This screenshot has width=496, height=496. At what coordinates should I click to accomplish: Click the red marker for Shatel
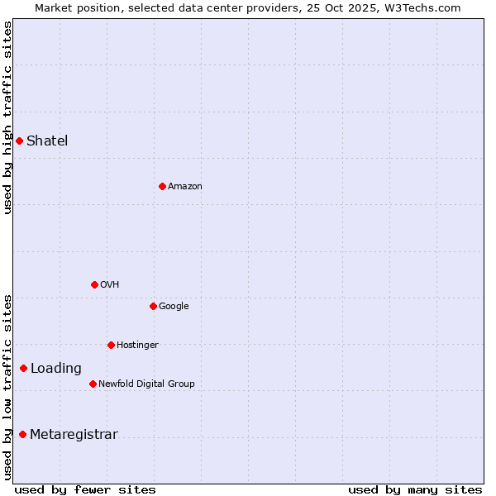[x=19, y=141]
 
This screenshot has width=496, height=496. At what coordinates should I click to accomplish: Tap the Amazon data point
[x=162, y=186]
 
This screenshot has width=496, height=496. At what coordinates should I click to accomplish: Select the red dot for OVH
[x=94, y=284]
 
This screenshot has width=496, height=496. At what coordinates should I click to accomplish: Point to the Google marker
[x=153, y=306]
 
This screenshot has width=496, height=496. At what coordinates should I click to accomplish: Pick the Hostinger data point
[x=111, y=345]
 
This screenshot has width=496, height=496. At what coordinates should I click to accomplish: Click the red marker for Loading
[x=23, y=368]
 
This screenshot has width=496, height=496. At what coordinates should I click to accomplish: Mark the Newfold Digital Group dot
[x=93, y=384]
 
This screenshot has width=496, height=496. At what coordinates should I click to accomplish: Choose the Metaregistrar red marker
[x=22, y=434]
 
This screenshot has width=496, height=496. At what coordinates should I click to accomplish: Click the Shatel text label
[x=47, y=141]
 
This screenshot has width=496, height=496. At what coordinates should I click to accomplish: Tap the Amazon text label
[x=184, y=186]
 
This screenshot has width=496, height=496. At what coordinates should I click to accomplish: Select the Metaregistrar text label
[x=74, y=435]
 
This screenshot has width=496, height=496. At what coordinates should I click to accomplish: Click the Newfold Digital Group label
[x=146, y=384]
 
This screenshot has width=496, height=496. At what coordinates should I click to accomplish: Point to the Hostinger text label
[x=137, y=345]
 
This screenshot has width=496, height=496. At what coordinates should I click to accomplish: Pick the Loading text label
[x=56, y=369]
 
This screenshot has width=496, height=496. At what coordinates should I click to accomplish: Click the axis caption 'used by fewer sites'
[x=85, y=489]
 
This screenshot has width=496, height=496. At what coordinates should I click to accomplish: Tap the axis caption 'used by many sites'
[x=415, y=489]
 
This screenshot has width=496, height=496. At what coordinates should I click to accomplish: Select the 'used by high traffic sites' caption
[x=7, y=117]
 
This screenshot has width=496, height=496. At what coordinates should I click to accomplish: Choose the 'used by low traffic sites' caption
[x=7, y=387]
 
